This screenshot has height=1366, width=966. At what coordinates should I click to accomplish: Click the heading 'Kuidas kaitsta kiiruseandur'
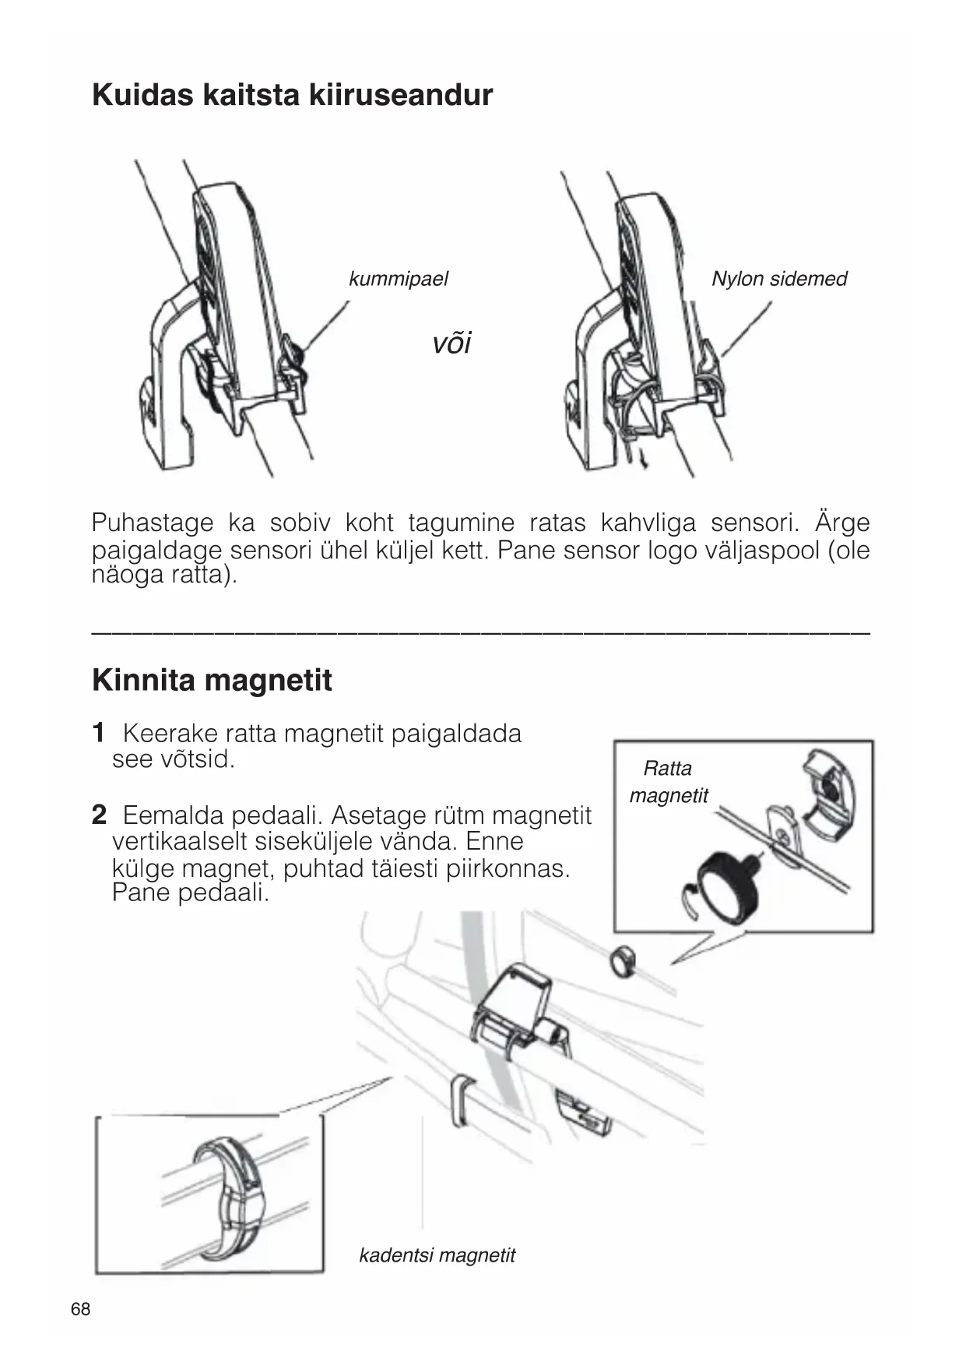292,95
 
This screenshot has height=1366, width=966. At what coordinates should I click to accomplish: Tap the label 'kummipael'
398,279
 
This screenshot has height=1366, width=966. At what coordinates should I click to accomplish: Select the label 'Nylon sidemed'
778,279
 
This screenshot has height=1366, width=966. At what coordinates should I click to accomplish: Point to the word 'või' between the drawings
451,343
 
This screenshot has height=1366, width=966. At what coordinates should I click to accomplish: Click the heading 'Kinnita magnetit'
212,680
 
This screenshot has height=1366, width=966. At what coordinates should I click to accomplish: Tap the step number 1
98,733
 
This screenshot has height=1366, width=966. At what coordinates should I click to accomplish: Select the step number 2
99,815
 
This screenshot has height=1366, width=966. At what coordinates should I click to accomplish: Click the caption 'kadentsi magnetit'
437,1255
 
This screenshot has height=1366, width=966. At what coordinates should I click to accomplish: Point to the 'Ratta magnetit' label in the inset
668,782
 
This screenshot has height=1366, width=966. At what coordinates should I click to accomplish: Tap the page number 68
80,1309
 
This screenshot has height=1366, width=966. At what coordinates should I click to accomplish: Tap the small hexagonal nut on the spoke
621,960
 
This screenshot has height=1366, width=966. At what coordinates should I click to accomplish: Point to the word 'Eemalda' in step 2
172,815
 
